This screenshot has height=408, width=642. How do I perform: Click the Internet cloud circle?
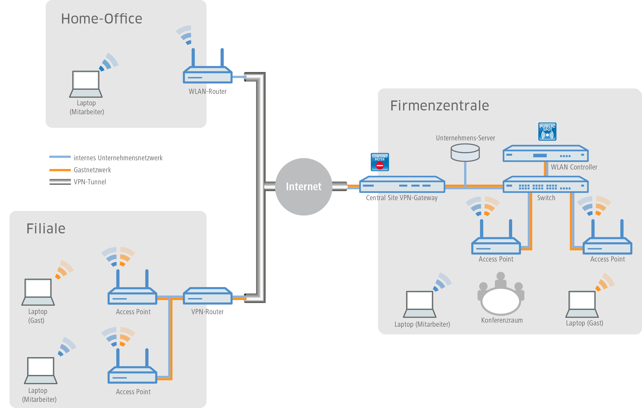(x=303, y=187)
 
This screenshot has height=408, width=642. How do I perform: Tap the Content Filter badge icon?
(x=380, y=162)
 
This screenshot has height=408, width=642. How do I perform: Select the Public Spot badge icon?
(x=547, y=131)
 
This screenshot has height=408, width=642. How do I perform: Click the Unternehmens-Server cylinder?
(x=465, y=153)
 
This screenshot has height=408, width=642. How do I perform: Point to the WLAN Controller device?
(x=545, y=154)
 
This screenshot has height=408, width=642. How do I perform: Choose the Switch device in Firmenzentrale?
(x=545, y=185)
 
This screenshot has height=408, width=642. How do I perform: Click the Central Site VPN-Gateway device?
(x=402, y=185)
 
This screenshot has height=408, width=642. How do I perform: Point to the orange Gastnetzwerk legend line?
(x=60, y=170)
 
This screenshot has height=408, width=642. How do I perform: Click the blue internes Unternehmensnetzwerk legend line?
(x=60, y=157)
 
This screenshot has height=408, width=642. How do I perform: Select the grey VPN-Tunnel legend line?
(x=60, y=182)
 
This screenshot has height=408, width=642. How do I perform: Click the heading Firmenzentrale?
(x=439, y=106)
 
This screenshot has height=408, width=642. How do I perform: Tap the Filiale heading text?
(x=46, y=229)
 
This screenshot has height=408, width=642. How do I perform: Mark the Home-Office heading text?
(x=101, y=19)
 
